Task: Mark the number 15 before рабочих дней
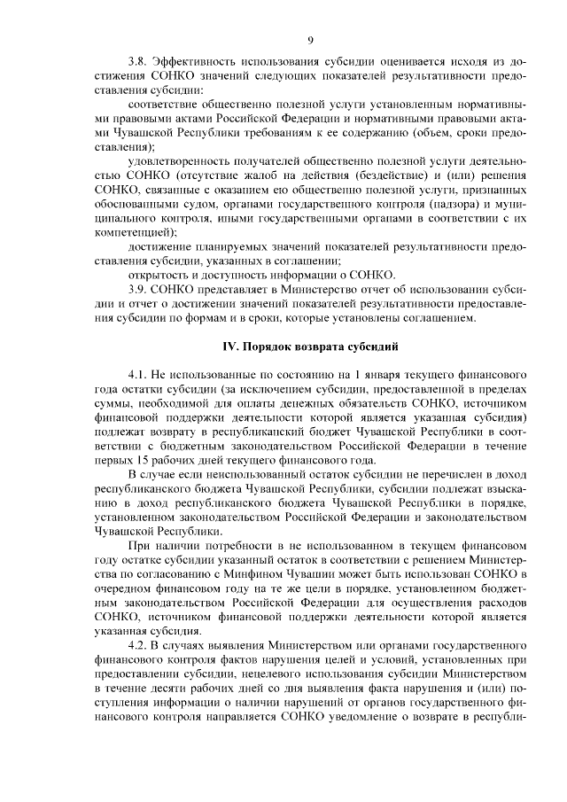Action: [x=144, y=460]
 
